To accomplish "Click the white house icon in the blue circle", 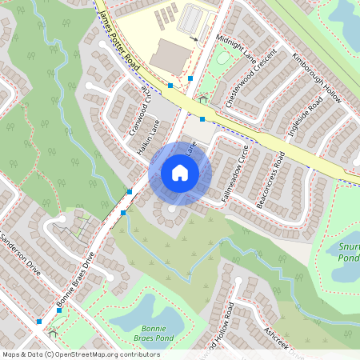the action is click(179, 173).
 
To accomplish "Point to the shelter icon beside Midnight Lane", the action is click(203, 100).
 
